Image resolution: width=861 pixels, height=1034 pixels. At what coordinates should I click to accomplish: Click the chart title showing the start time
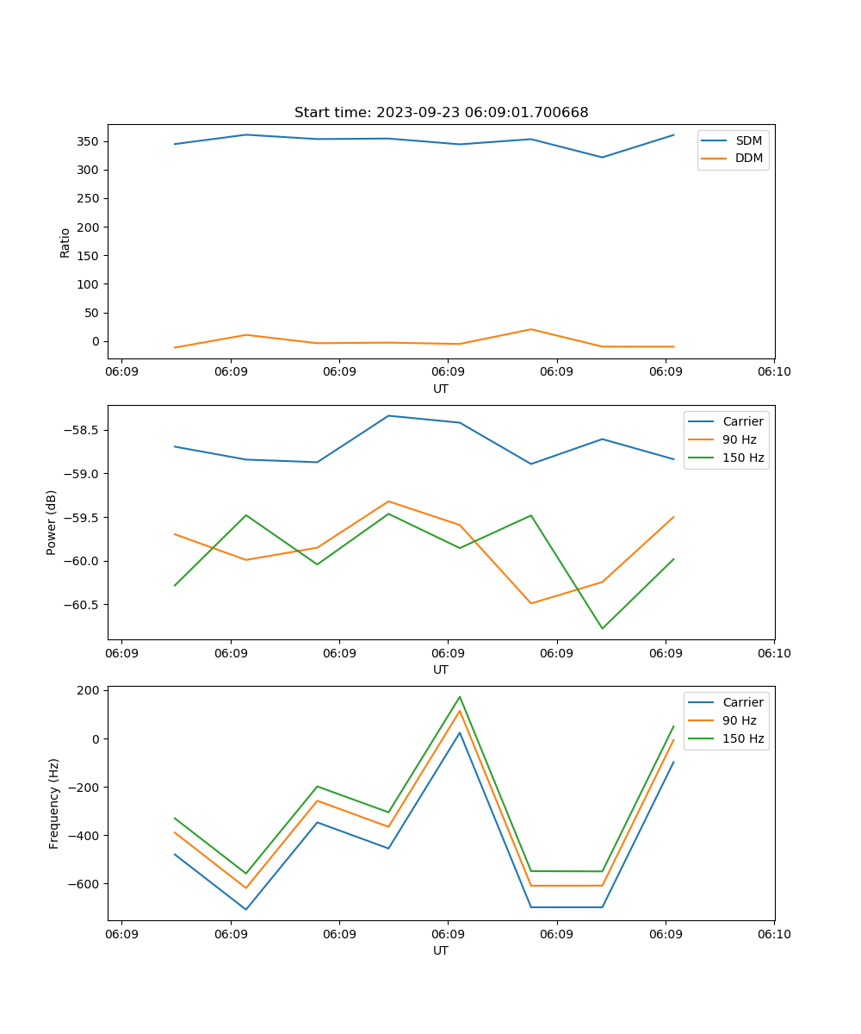(x=441, y=113)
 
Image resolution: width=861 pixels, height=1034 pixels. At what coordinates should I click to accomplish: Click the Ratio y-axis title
(x=65, y=242)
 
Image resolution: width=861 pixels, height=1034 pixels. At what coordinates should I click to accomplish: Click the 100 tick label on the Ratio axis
(x=88, y=284)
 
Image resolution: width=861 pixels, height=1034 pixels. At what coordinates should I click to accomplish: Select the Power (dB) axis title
(x=52, y=522)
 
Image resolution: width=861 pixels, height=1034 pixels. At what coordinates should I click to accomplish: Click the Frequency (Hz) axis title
(x=54, y=803)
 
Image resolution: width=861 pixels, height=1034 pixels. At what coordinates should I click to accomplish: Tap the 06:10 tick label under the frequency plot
(x=773, y=934)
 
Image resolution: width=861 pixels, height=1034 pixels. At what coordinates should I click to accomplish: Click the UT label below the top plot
(x=441, y=389)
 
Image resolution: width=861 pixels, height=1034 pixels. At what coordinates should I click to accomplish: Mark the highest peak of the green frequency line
(x=460, y=697)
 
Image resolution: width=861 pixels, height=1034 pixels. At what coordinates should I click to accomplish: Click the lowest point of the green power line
(x=602, y=628)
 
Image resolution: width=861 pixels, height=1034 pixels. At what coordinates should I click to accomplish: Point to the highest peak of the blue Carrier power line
(x=388, y=416)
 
